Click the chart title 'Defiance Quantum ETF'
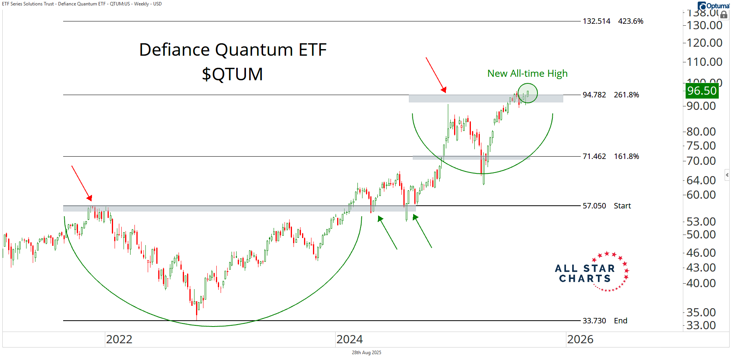coord(233,50)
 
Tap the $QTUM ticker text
coord(232,74)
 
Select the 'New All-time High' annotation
coord(527,74)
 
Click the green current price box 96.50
coord(702,91)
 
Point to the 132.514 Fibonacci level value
coord(596,21)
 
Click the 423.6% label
coord(630,21)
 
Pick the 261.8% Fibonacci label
coord(626,95)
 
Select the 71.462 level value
coord(594,156)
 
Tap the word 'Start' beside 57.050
coord(622,206)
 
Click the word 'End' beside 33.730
coord(621,321)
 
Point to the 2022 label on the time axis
coord(119,339)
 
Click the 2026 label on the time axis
coord(580,339)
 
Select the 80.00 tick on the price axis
coord(701,132)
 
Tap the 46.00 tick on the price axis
coord(701,253)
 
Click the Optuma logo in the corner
coord(713,5)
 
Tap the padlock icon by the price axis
coord(724,15)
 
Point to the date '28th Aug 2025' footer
coord(366,353)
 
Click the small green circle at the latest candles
coord(527,93)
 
